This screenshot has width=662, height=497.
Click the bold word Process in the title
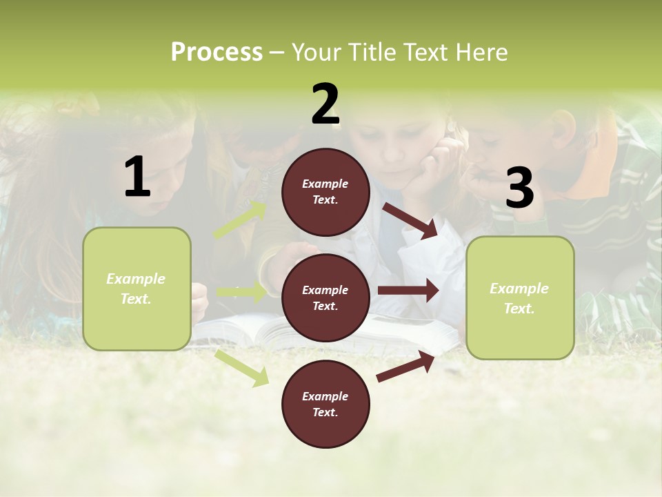coord(217,52)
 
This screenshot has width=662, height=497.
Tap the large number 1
coord(137,177)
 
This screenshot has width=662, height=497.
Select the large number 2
coord(325,104)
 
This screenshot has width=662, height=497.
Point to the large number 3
coord(519,188)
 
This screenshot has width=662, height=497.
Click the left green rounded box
coord(137,289)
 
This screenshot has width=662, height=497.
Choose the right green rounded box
coord(520,298)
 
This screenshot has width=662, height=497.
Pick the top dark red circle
coord(325,192)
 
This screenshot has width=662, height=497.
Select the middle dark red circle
coord(325,298)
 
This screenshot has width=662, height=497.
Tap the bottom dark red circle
coord(325,404)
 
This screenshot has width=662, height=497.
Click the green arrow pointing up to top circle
coord(239,220)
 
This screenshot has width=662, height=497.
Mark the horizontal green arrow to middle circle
coord(241,292)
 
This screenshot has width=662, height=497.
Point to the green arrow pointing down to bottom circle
coord(241,368)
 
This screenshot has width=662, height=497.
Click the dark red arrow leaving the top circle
coord(410,221)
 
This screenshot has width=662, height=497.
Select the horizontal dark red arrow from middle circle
coord(408,291)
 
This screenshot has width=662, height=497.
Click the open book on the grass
coord(276,331)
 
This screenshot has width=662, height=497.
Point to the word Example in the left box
coord(136,279)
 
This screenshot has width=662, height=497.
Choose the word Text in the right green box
coord(519,309)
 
